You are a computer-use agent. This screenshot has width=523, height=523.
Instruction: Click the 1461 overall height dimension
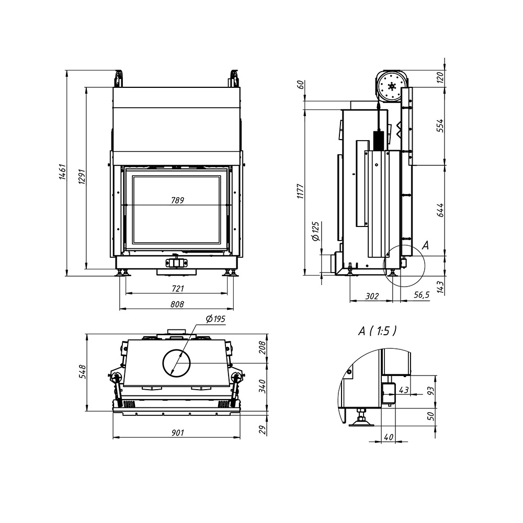[63, 172]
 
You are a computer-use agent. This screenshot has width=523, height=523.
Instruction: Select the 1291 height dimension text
[82, 176]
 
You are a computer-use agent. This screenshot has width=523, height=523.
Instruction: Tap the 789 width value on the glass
[177, 200]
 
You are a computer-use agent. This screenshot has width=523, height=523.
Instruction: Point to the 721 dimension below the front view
[178, 288]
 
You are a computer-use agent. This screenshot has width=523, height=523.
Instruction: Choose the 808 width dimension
[177, 304]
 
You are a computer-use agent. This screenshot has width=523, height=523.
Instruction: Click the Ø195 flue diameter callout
[215, 319]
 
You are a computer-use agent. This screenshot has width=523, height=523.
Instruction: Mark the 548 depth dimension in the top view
[83, 371]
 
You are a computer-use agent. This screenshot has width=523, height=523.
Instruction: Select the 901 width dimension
[177, 433]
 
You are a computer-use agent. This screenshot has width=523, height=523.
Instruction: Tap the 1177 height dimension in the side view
[301, 191]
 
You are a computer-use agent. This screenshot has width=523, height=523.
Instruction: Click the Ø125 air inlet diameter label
[315, 231]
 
